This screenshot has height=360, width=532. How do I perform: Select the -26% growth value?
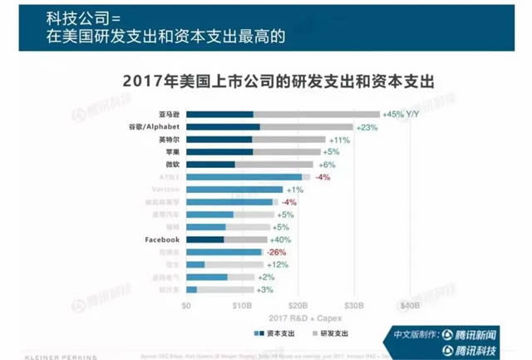click(278, 252)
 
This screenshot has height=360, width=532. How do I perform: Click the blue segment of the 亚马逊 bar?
click(219, 114)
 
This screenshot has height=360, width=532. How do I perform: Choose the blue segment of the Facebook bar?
click(205, 239)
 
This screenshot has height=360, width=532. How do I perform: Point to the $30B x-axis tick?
click(354, 305)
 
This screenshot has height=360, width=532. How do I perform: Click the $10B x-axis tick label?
click(242, 305)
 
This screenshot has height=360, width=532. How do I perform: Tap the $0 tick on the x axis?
click(187, 305)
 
